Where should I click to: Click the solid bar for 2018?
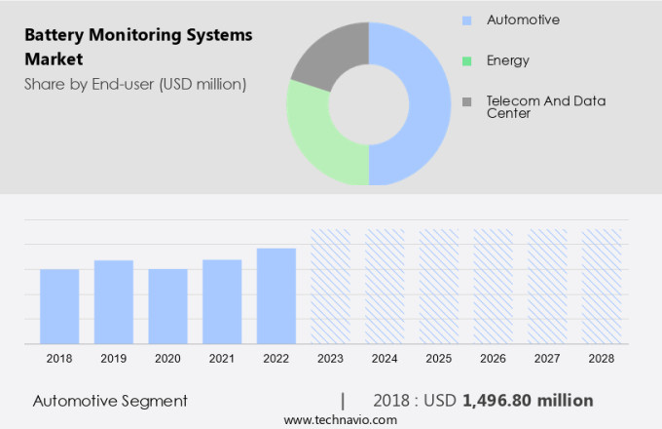click(x=59, y=306)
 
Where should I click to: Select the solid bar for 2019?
click(x=114, y=301)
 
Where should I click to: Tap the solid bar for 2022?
click(x=276, y=295)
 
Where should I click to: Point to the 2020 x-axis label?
click(x=167, y=359)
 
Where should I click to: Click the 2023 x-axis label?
click(x=330, y=359)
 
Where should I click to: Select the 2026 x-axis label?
click(x=493, y=359)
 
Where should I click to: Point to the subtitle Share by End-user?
click(x=135, y=84)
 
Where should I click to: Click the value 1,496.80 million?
click(x=528, y=401)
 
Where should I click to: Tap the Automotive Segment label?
click(x=110, y=401)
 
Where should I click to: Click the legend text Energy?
click(x=508, y=60)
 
